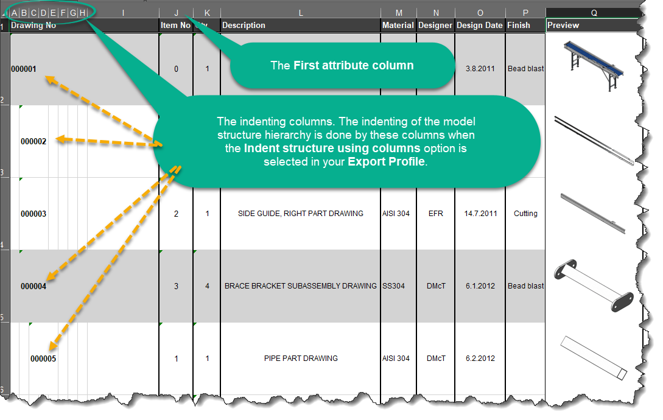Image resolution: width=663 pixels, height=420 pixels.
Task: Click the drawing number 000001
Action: pyautogui.click(x=24, y=69)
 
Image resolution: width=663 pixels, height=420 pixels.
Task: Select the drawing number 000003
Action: pyautogui.click(x=33, y=214)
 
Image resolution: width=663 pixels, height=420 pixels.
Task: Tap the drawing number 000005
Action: pyautogui.click(x=43, y=359)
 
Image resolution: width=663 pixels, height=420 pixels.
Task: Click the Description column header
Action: pyautogui.click(x=244, y=26)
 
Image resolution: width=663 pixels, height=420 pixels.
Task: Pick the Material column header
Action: pyautogui.click(x=398, y=26)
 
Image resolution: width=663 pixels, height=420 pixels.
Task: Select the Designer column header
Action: pyautogui.click(x=435, y=26)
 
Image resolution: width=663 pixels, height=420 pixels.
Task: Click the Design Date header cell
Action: pyautogui.click(x=480, y=26)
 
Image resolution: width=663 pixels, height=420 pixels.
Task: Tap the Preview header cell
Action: pyautogui.click(x=563, y=26)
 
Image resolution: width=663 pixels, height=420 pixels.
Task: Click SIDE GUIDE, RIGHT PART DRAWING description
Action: pyautogui.click(x=301, y=214)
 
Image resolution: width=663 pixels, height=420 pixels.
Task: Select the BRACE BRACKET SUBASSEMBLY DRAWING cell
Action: pyautogui.click(x=301, y=286)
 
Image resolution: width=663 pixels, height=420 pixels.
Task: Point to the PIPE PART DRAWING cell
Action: pyautogui.click(x=301, y=359)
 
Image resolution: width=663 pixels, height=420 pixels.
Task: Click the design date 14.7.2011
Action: pyautogui.click(x=480, y=214)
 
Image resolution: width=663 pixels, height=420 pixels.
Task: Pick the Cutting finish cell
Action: pyautogui.click(x=525, y=214)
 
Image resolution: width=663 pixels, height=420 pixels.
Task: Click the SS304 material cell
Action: pyautogui.click(x=394, y=286)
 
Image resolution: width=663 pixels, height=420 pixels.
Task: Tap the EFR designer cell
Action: pyautogui.click(x=435, y=214)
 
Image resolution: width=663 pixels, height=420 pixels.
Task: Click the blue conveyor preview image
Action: pyautogui.click(x=594, y=65)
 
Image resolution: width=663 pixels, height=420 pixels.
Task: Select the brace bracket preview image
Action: pyautogui.click(x=594, y=286)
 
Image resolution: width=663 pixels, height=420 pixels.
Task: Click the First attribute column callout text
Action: pyautogui.click(x=342, y=66)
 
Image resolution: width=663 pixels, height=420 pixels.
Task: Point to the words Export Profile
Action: pyautogui.click(x=386, y=161)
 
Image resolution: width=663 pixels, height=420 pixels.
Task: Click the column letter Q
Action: pyautogui.click(x=594, y=13)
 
